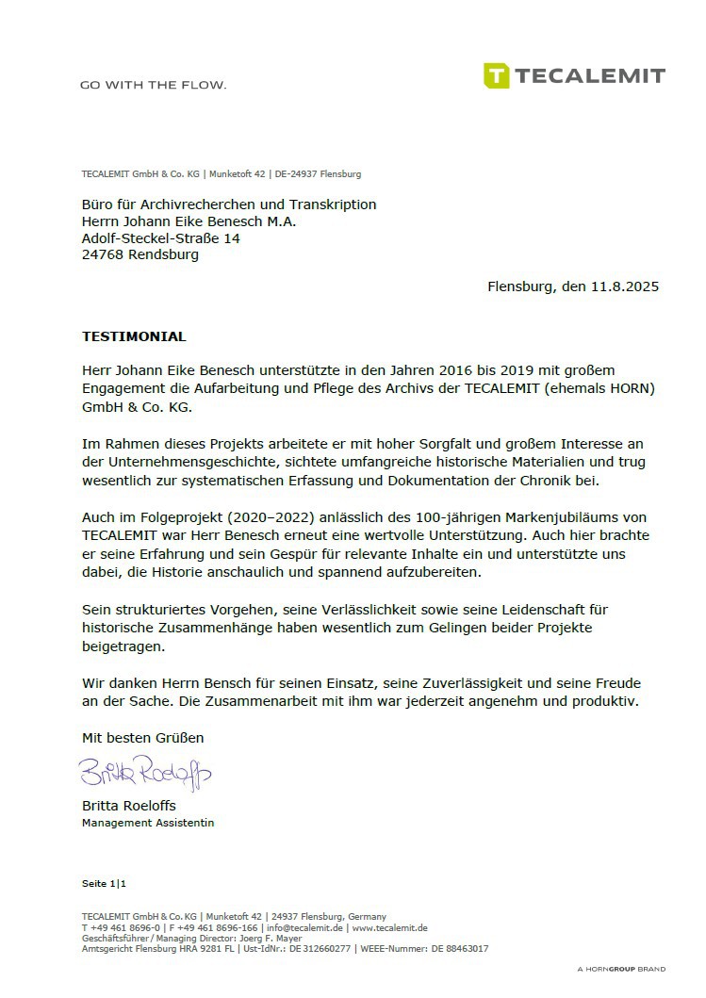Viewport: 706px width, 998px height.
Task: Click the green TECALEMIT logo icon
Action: (497, 75)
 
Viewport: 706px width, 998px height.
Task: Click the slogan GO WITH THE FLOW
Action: (154, 85)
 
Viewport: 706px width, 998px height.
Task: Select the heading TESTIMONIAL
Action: (134, 336)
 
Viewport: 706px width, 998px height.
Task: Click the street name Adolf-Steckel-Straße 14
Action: (161, 238)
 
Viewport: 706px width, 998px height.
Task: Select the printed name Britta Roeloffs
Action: (129, 807)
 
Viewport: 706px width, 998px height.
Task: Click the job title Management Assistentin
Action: (148, 823)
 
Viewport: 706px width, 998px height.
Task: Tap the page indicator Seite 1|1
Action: (104, 883)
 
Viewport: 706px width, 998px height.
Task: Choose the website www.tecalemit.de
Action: (390, 927)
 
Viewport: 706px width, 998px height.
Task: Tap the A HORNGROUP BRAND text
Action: (621, 969)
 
